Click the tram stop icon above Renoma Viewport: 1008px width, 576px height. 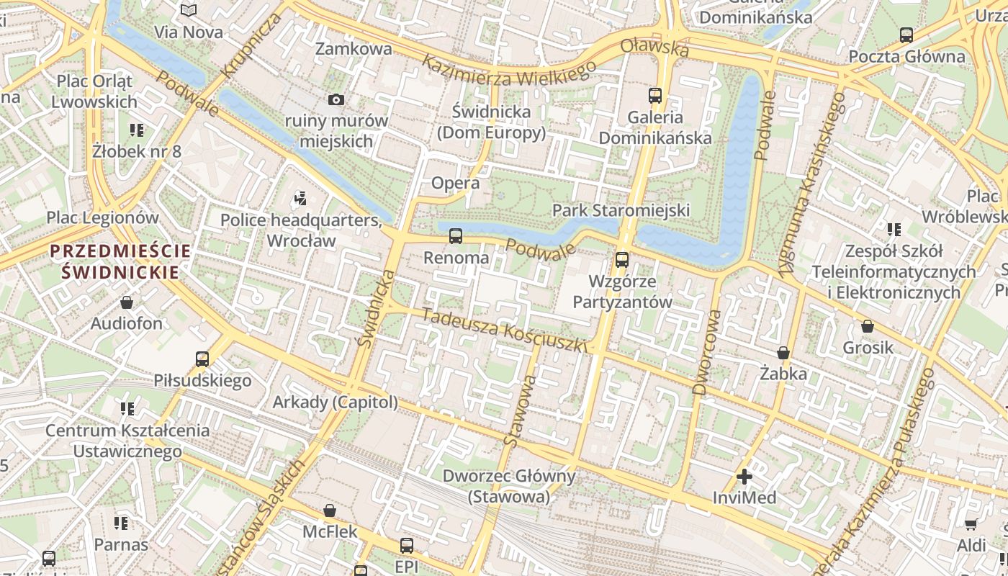pos(455,235)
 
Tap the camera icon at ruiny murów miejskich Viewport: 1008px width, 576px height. pos(336,99)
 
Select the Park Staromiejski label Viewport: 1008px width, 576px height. pos(621,210)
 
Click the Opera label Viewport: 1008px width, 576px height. pos(455,183)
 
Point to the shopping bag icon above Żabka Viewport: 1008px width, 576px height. pos(783,353)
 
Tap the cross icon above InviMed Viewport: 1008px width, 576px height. pos(744,476)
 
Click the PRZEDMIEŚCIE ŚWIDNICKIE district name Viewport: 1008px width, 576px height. pos(120,261)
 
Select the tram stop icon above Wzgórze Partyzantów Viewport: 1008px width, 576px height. pos(621,259)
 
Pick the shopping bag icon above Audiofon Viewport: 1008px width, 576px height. pos(127,302)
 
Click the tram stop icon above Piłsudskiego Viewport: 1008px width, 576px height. pos(202,359)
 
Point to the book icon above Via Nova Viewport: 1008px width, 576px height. pos(189,11)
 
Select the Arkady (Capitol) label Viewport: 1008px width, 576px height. pos(335,402)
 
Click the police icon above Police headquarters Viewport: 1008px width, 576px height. pos(301,198)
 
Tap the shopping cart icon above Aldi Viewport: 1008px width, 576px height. pos(971,524)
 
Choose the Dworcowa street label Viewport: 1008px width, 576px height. pos(706,353)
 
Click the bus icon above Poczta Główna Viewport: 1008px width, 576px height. pos(906,35)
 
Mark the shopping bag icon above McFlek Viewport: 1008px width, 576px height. pos(330,510)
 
